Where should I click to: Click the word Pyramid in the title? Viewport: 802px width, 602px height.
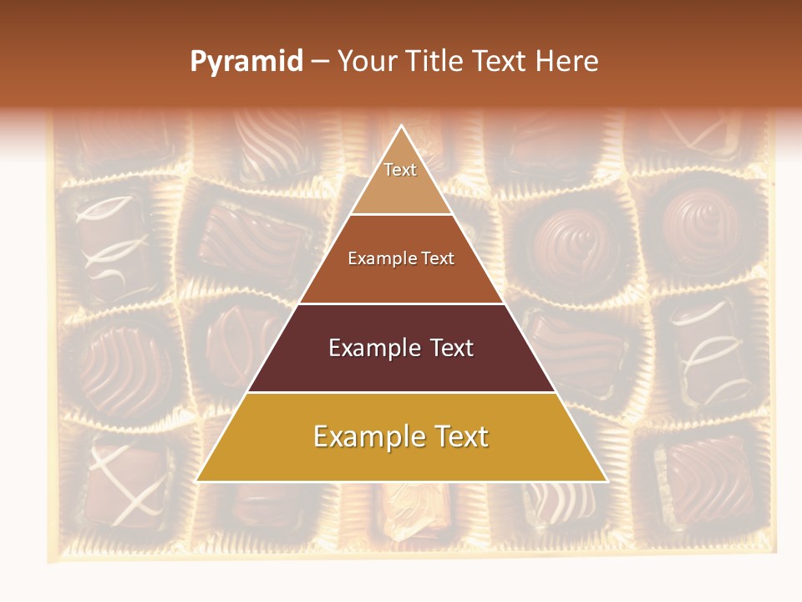[x=246, y=62]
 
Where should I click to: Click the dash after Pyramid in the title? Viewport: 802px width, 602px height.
[x=320, y=62]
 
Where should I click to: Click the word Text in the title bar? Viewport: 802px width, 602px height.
[x=499, y=61]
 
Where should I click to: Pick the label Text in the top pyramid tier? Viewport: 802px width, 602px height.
[x=400, y=170]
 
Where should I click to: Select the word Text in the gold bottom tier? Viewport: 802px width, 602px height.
[x=456, y=436]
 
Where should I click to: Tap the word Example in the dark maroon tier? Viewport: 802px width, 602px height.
[x=373, y=348]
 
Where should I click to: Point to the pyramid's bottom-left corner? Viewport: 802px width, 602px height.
[x=197, y=481]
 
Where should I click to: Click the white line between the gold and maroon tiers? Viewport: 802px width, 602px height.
[x=402, y=392]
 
